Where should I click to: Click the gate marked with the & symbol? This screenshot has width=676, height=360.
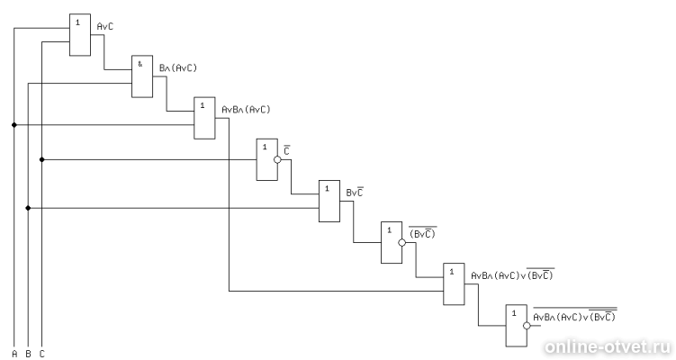(142, 76)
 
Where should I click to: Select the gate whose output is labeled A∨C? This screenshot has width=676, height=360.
(80, 34)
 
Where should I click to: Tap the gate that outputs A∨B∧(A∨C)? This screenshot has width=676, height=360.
(204, 118)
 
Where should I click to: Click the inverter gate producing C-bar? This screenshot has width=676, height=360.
(266, 159)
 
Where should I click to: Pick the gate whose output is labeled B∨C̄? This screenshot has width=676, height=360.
(329, 201)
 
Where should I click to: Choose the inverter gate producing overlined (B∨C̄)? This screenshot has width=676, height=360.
(392, 242)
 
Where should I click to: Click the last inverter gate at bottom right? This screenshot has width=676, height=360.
(517, 326)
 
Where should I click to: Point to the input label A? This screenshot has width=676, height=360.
(14, 354)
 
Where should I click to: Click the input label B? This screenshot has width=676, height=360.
(28, 354)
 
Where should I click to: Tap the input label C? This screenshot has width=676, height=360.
(41, 354)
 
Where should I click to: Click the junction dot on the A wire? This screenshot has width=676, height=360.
(14, 125)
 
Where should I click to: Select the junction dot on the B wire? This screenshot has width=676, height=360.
(28, 208)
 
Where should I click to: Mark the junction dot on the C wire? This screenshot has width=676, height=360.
(41, 159)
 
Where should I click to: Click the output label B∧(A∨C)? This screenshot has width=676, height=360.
(178, 68)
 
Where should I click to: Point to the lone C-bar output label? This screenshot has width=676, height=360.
(287, 150)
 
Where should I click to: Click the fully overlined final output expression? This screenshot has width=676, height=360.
(574, 315)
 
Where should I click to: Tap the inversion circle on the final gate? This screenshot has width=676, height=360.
(527, 326)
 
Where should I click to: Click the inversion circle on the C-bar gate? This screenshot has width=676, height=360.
(277, 159)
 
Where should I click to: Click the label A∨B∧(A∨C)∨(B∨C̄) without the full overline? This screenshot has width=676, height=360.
(512, 274)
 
